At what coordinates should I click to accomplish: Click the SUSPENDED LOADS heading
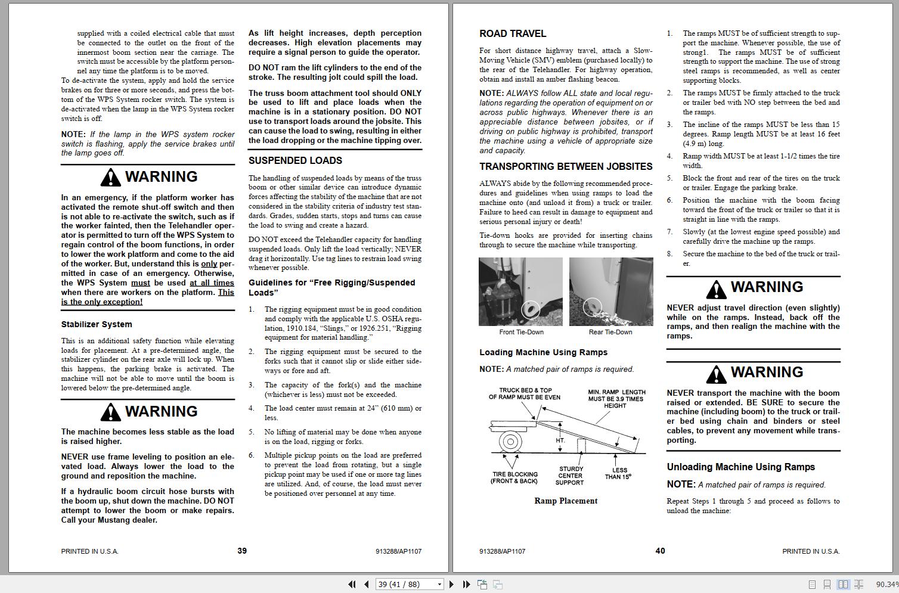(x=295, y=161)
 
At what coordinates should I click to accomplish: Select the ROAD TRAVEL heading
(x=513, y=34)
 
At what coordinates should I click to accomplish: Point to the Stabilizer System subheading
(x=97, y=325)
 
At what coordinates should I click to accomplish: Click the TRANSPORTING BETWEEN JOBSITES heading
(x=566, y=167)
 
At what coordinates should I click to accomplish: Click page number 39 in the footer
(x=242, y=551)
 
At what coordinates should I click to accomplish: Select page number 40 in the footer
(x=660, y=551)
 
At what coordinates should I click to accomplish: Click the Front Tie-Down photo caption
(x=521, y=333)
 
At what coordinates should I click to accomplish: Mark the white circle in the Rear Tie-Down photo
(x=592, y=306)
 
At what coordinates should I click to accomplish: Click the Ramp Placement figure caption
(x=566, y=501)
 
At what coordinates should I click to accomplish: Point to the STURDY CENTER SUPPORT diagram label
(x=571, y=476)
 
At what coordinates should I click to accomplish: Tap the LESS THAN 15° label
(x=618, y=473)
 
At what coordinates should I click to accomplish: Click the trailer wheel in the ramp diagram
(x=510, y=442)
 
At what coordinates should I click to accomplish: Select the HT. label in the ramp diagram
(x=560, y=441)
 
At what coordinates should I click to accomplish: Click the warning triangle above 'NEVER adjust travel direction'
(x=716, y=289)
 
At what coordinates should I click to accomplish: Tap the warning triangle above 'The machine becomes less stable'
(x=110, y=412)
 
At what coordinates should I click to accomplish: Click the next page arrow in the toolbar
(x=451, y=585)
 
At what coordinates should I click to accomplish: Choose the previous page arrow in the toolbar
(x=366, y=585)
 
